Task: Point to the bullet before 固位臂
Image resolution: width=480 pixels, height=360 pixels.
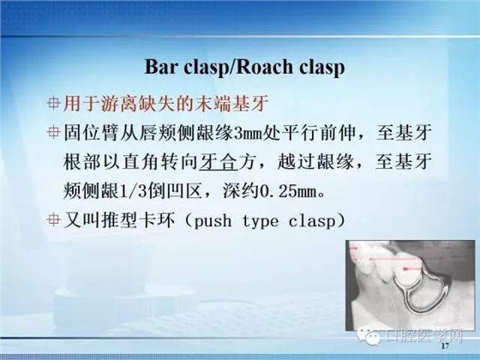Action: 54,133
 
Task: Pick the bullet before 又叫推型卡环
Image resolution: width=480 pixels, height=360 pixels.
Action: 54,219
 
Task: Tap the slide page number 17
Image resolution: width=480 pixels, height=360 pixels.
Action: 443,350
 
